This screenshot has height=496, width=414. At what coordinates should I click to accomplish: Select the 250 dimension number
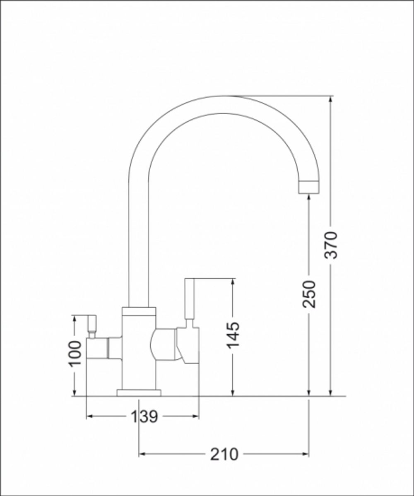coord(309,294)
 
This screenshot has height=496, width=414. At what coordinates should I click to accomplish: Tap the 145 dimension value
coord(233,335)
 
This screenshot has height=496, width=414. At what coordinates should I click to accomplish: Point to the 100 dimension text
coord(75,353)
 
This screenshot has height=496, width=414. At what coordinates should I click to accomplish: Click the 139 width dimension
coord(144,417)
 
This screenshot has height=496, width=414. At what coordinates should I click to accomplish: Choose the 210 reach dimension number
coord(224,454)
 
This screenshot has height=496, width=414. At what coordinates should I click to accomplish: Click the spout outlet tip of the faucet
coord(309,187)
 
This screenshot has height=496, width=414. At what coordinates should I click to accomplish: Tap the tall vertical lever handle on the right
coord(189,298)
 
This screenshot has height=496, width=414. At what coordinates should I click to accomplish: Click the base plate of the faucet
coord(139,392)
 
